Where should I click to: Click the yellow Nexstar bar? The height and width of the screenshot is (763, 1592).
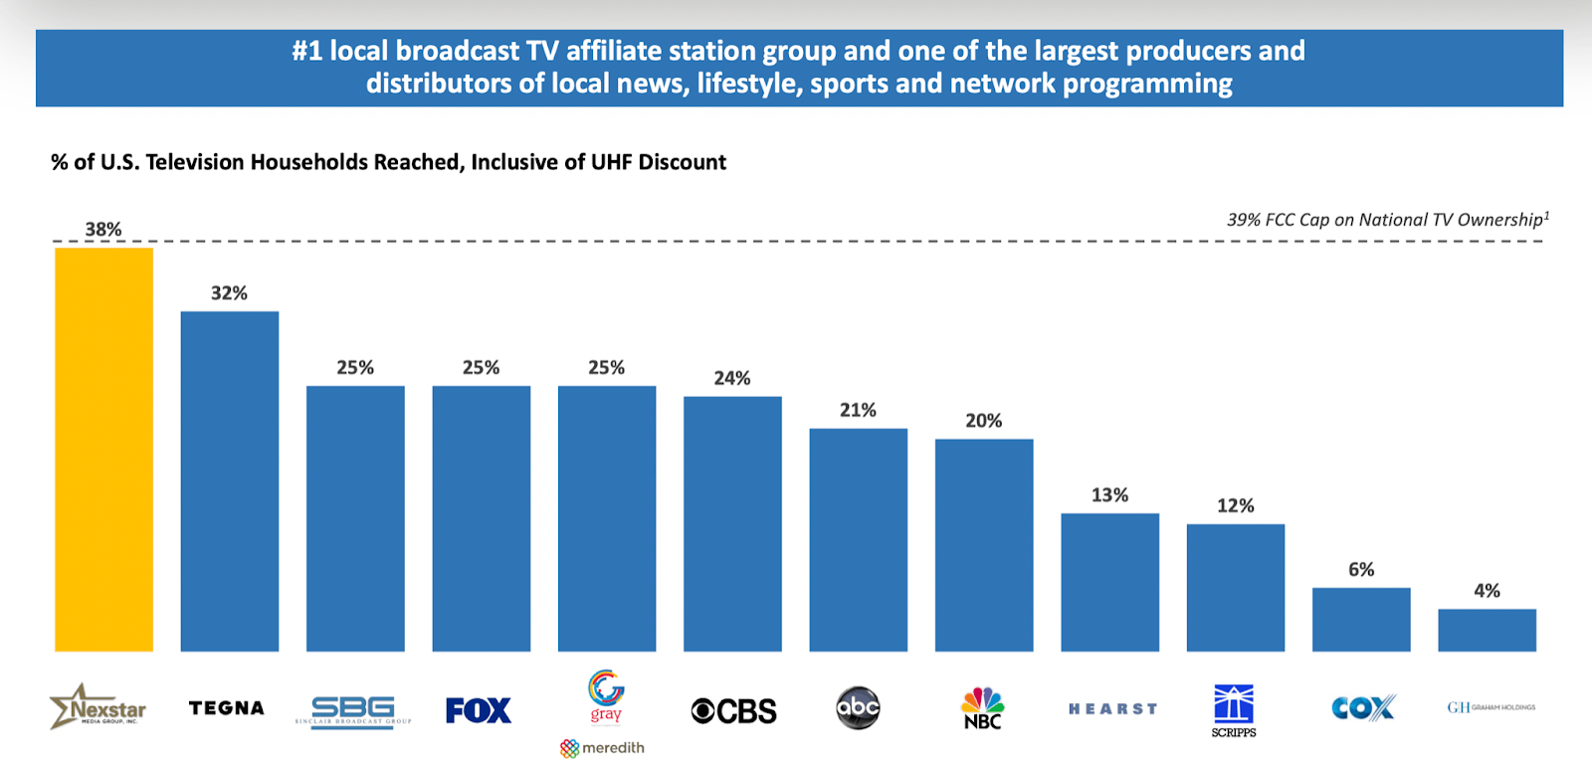coord(103,450)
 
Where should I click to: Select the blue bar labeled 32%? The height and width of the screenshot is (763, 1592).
coord(229,481)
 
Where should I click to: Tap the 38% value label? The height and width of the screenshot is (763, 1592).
coord(103,230)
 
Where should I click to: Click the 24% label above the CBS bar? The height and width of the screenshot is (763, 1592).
coord(732,378)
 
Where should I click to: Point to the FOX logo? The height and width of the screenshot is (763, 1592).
coord(479,710)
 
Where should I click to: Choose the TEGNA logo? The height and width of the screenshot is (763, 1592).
coord(227,708)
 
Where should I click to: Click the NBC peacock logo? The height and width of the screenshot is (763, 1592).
coord(982,707)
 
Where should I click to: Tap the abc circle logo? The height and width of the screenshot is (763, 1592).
coord(858,708)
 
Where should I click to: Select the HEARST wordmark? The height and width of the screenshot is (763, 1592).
coord(1112,709)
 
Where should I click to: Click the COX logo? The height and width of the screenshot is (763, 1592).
coord(1363,708)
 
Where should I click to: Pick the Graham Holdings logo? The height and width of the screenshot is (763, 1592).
coord(1491,707)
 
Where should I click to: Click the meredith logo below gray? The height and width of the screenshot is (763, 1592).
coord(603,748)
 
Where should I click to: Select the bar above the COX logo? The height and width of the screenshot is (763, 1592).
coord(1361,620)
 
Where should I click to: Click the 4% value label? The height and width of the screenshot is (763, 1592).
coord(1487,591)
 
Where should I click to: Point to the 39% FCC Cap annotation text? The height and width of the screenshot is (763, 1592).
coord(1386,220)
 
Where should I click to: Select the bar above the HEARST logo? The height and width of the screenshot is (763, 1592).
coord(1109,582)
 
